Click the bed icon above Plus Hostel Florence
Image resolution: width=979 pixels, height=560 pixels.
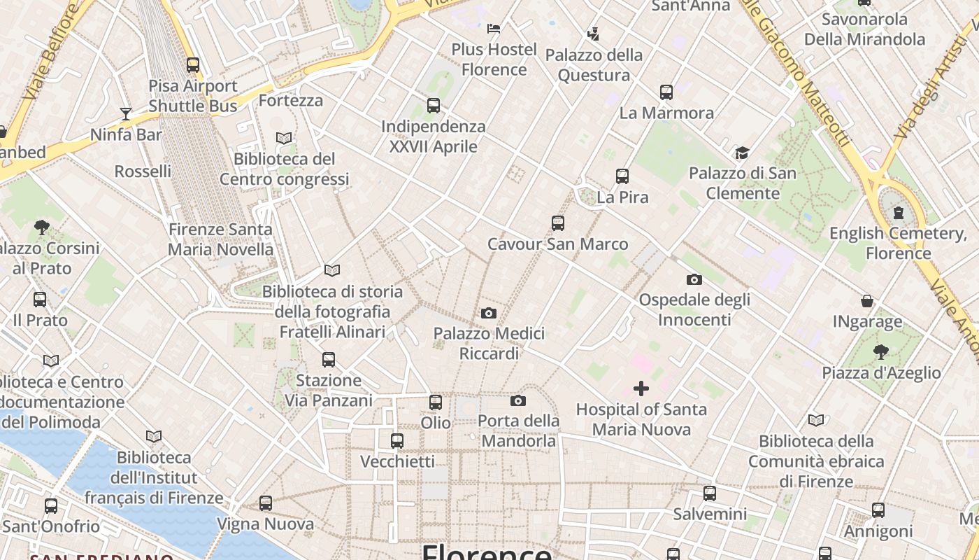(x=494, y=29)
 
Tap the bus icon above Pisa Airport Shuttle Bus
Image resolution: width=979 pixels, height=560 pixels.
(x=193, y=65)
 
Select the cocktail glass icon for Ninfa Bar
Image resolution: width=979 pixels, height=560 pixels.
(x=126, y=114)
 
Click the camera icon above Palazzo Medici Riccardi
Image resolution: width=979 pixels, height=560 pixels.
(x=489, y=313)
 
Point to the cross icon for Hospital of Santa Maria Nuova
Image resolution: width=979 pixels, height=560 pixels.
(x=641, y=388)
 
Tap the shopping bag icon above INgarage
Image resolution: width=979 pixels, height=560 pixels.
(x=867, y=301)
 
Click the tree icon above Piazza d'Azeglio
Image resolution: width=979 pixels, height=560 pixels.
(x=881, y=351)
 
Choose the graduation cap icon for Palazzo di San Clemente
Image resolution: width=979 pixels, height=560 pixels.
(x=742, y=153)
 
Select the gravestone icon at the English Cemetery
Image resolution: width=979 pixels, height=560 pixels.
(x=898, y=213)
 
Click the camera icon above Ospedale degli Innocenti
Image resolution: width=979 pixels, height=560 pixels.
(x=694, y=279)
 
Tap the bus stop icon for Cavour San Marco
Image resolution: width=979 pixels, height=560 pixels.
(x=557, y=223)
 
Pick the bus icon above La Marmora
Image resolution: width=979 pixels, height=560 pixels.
(x=666, y=92)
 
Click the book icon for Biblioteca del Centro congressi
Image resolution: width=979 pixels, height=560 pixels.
(x=284, y=139)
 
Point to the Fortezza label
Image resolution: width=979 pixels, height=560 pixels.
(x=291, y=101)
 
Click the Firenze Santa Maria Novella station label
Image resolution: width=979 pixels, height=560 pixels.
(x=220, y=239)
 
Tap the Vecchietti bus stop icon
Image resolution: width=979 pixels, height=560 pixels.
(x=397, y=441)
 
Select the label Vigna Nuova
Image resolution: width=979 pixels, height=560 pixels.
(x=266, y=524)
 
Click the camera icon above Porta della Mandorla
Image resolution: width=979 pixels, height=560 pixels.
(x=518, y=400)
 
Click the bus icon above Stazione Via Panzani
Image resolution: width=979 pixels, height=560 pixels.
(x=329, y=360)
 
